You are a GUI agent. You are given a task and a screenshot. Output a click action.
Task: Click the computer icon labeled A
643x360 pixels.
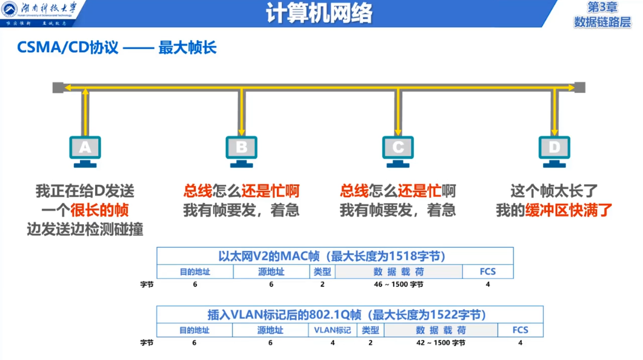[85, 150]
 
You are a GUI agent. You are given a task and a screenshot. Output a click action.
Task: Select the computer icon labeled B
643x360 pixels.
[241, 150]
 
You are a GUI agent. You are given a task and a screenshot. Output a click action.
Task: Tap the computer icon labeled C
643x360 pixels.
[398, 150]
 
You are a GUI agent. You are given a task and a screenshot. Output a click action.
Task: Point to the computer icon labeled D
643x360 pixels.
[554, 150]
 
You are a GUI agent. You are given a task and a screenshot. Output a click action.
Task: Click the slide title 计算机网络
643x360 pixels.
[319, 13]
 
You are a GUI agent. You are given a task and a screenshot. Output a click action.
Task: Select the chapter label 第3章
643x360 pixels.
[602, 7]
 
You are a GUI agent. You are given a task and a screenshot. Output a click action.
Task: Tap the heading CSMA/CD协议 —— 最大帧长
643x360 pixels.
[117, 47]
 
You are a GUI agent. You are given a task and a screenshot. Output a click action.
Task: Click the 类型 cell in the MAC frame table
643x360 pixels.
[322, 272]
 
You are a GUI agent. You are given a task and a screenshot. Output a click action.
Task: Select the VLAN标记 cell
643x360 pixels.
[333, 330]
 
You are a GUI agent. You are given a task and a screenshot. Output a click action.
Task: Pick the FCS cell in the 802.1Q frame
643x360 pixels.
[520, 330]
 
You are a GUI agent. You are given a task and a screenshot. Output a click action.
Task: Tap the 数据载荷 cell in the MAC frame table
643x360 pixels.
[398, 272]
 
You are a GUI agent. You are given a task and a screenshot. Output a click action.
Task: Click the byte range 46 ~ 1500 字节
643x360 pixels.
[398, 284]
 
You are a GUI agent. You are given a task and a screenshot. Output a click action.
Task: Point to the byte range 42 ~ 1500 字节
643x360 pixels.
[441, 342]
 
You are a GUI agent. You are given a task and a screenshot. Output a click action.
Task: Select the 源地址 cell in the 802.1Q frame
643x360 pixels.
[270, 330]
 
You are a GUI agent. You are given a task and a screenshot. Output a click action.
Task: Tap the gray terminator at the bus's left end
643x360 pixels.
[58, 87]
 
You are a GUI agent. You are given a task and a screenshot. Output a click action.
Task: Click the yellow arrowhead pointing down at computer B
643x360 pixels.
[242, 131]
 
